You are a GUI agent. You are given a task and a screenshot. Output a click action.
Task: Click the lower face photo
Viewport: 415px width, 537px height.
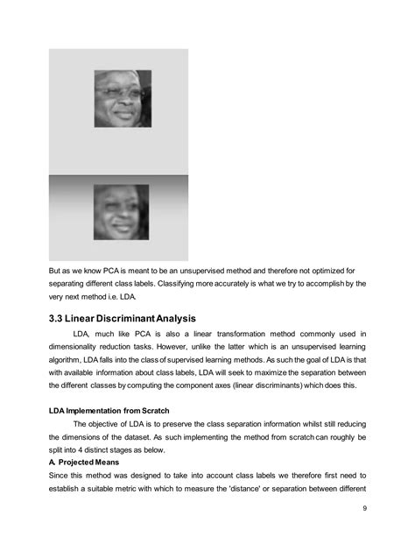(123, 211)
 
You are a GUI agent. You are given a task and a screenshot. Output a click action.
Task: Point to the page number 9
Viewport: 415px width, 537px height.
(363, 509)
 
